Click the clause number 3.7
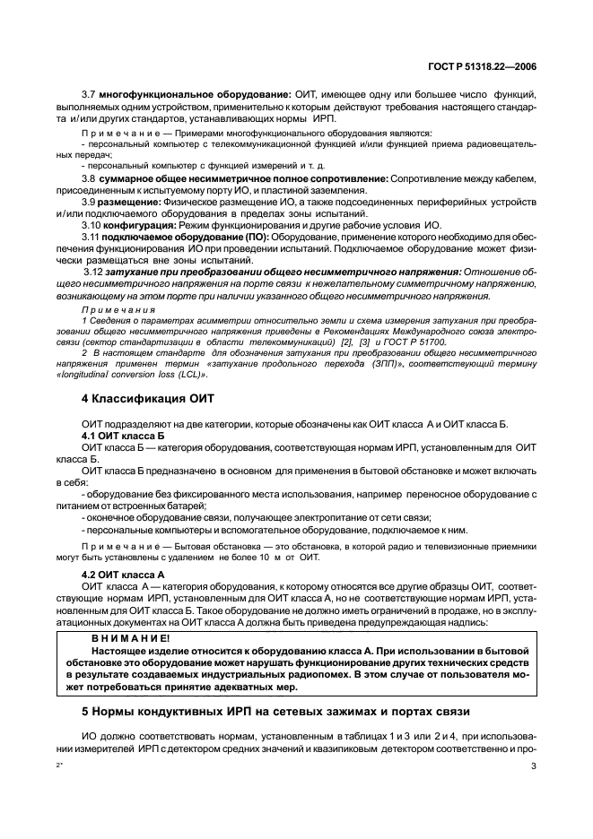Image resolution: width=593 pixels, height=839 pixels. (x=89, y=94)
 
